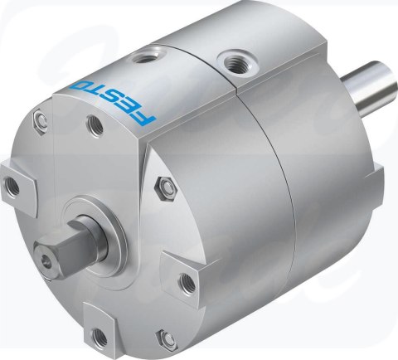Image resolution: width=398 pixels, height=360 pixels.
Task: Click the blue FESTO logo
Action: [113, 103]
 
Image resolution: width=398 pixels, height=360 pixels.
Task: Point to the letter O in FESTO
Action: [80, 86]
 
